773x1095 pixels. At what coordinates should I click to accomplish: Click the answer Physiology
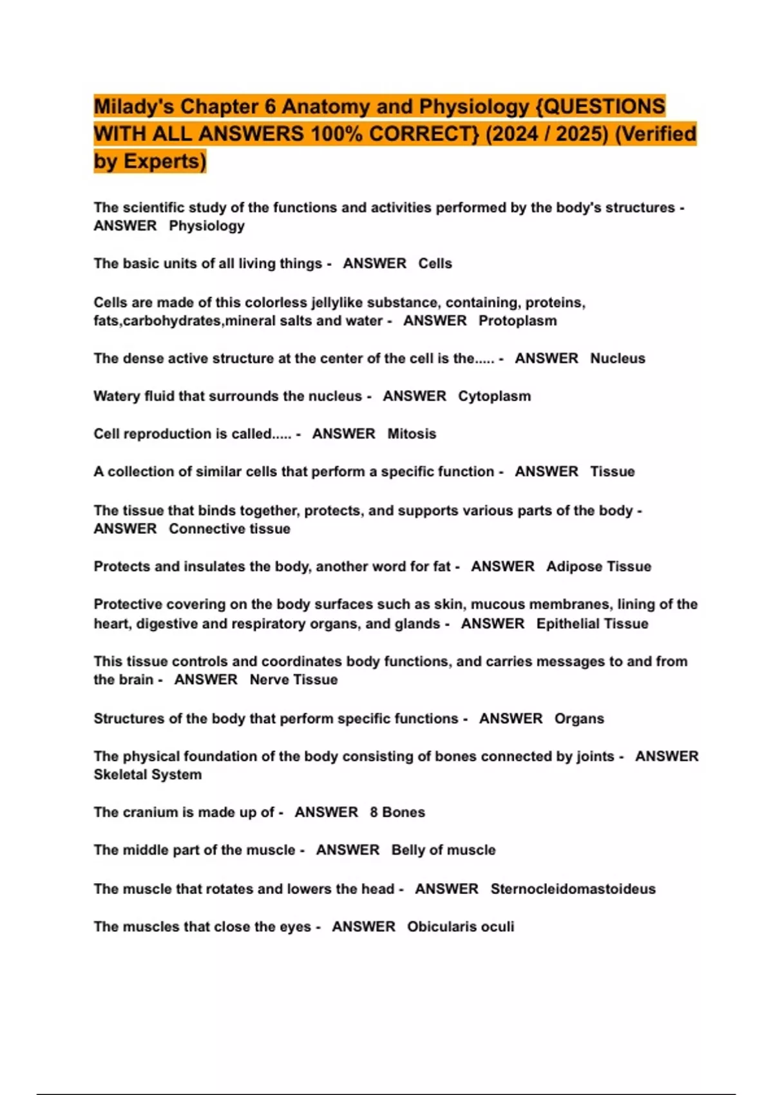tap(207, 226)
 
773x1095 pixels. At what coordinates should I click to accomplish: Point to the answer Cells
tap(435, 263)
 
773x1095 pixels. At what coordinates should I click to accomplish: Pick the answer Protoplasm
tap(517, 321)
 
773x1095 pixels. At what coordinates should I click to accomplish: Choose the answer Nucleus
tap(617, 358)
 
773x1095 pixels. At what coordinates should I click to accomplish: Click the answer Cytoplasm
tap(494, 396)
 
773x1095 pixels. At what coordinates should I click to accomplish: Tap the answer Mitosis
tap(412, 434)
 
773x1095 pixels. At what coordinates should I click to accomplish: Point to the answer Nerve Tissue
tap(293, 680)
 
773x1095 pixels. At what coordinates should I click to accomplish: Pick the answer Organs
tap(579, 719)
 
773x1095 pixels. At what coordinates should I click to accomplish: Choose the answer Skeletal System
tap(148, 775)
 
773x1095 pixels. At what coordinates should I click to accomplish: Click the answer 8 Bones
tap(397, 812)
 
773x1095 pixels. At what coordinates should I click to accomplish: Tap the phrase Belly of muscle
tap(443, 850)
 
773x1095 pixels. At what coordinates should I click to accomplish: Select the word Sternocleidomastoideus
tap(573, 889)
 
